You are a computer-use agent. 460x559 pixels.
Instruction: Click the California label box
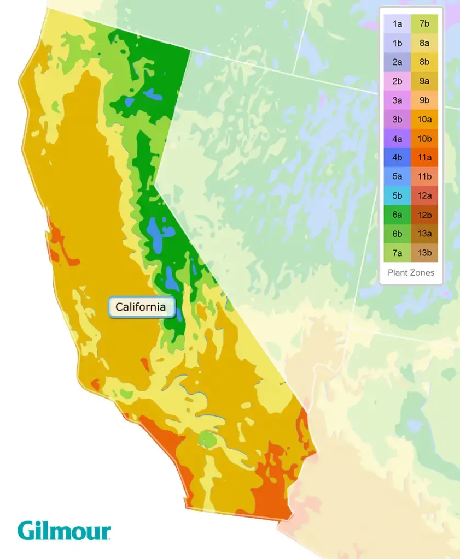coord(141,307)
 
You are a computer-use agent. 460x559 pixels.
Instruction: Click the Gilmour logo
coord(64,531)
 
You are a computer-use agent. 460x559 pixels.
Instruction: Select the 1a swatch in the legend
coord(398,23)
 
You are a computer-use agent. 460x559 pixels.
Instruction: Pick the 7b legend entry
coord(424,23)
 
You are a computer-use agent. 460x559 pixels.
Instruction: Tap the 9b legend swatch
coord(424,100)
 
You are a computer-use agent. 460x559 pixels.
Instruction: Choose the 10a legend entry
coord(424,119)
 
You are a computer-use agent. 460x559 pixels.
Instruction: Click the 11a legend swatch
coord(424,157)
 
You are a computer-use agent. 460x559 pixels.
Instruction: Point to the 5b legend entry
coord(398,195)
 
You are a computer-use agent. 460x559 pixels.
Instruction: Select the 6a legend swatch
coord(398,215)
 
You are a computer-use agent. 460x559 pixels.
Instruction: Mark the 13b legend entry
coord(424,253)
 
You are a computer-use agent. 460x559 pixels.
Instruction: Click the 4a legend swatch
coord(398,138)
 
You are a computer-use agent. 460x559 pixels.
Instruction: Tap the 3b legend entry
coord(398,119)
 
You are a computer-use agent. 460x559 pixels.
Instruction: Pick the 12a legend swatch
coord(424,195)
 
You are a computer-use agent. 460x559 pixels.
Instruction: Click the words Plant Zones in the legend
coord(411,272)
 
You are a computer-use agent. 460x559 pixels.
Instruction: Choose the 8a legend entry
coord(424,43)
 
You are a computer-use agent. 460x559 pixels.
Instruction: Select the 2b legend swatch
coord(398,81)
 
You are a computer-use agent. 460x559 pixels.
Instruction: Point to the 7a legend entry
coord(398,253)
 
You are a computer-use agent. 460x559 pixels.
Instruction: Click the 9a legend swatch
coord(424,81)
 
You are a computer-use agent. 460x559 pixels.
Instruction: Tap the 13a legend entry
coord(424,234)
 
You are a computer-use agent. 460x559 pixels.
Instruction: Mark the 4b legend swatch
coord(398,157)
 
